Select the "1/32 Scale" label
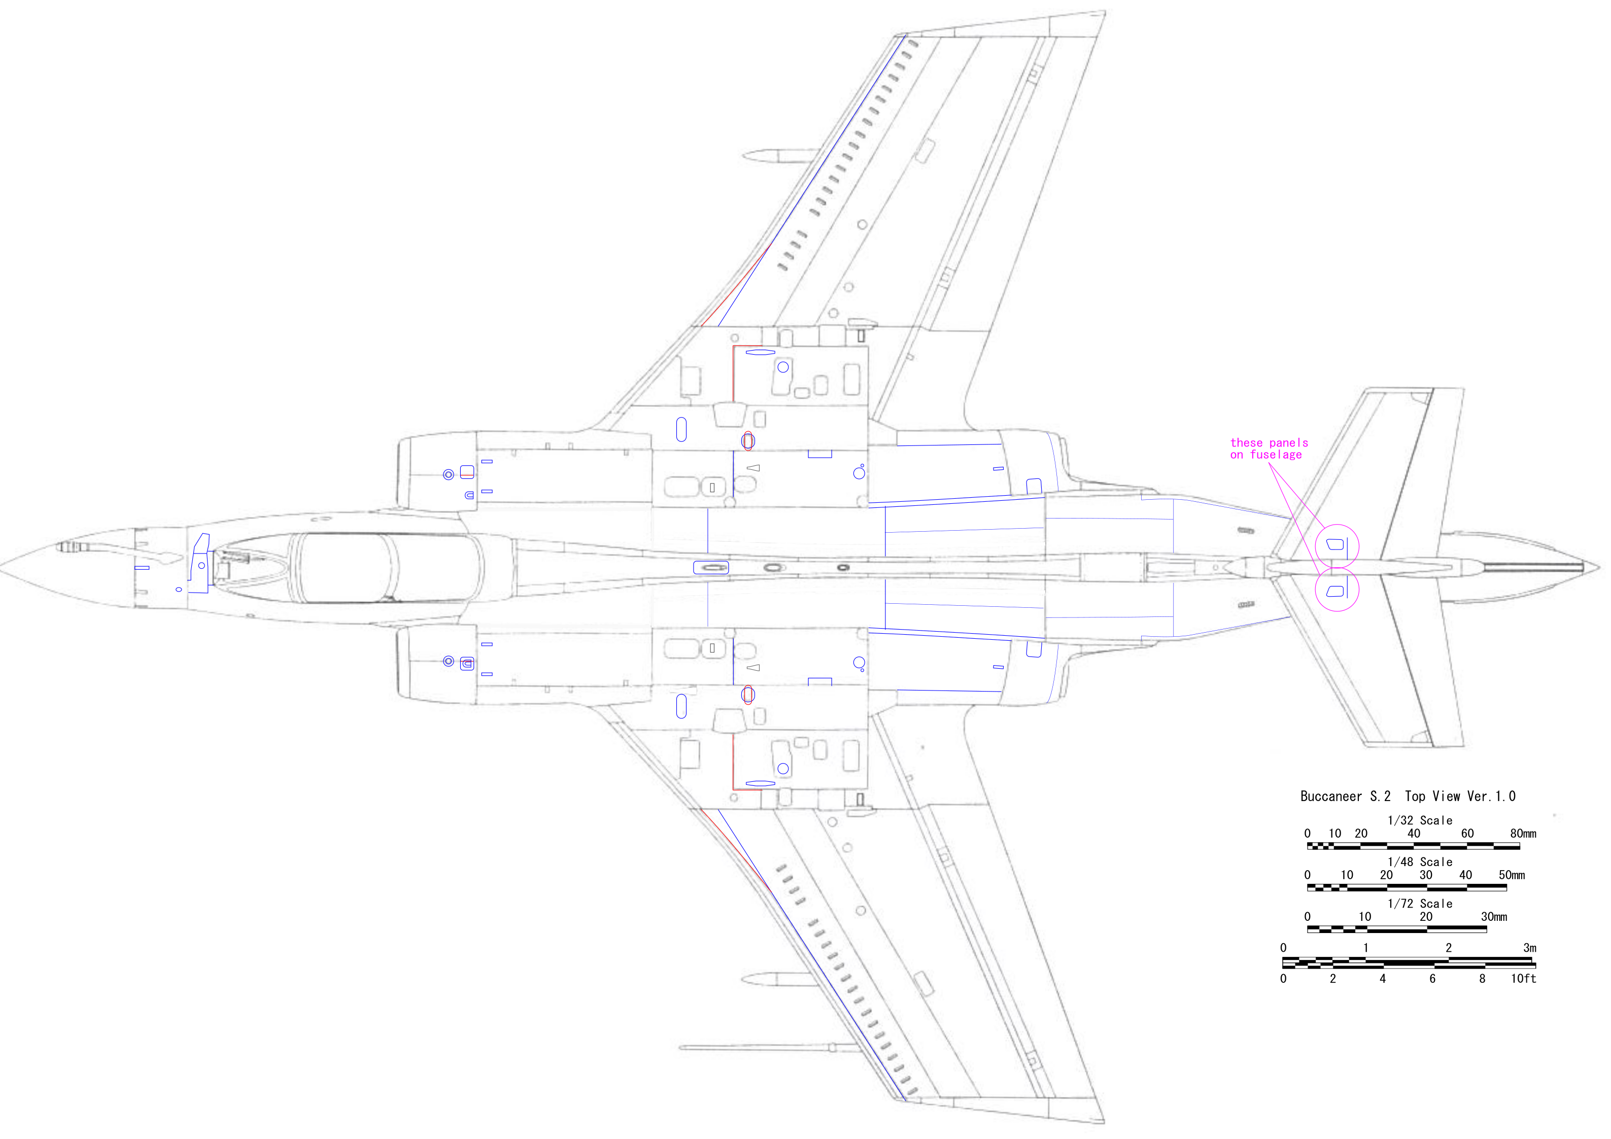coord(1420,820)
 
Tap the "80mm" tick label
coord(1523,834)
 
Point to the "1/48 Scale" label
coord(1420,862)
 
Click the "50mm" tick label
coord(1512,875)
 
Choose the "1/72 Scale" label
coord(1420,904)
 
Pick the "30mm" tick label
coord(1494,917)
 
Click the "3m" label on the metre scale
coord(1530,948)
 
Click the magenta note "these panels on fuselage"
coord(1269,448)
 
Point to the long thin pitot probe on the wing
coord(758,1048)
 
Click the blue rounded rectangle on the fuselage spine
coord(711,567)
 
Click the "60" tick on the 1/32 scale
coord(1467,834)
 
